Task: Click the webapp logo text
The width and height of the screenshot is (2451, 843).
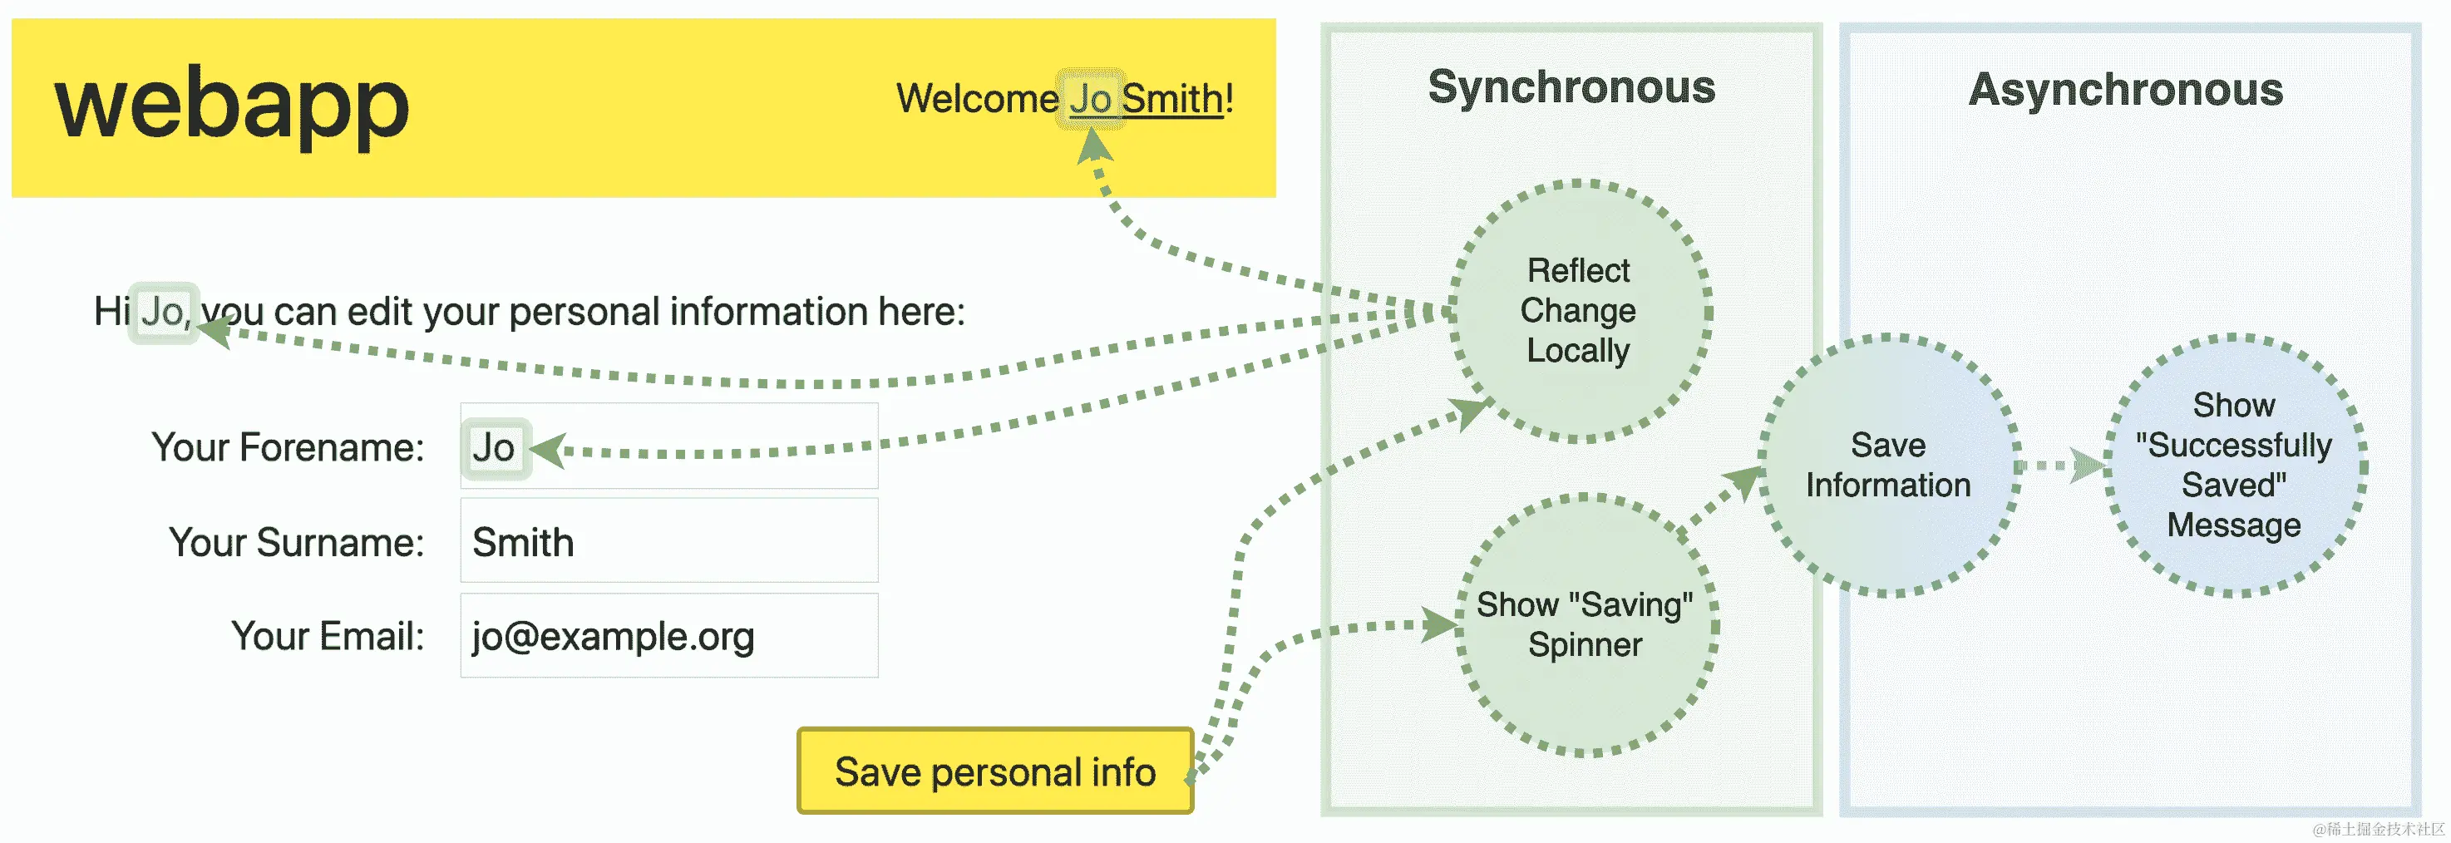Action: click(x=231, y=106)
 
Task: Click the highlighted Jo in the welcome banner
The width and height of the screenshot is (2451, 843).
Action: click(x=1090, y=99)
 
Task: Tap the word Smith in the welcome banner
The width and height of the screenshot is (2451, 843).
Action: click(x=1172, y=99)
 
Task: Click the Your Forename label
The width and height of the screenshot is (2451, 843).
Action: click(x=288, y=447)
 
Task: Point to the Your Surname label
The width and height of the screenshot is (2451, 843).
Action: click(x=296, y=542)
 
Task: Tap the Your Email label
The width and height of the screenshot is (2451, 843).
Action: click(x=328, y=636)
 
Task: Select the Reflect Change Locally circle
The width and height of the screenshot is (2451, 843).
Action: click(x=1579, y=310)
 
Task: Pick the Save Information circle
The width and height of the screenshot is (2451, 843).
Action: click(x=1888, y=466)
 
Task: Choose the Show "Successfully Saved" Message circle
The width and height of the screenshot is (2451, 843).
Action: click(x=2233, y=466)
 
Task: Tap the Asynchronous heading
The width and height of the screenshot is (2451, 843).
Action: click(x=2126, y=91)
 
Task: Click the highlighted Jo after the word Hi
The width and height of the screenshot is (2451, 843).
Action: click(x=164, y=312)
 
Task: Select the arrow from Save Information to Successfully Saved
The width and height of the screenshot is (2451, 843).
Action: click(x=2061, y=466)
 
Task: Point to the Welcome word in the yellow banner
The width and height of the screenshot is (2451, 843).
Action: click(x=976, y=99)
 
